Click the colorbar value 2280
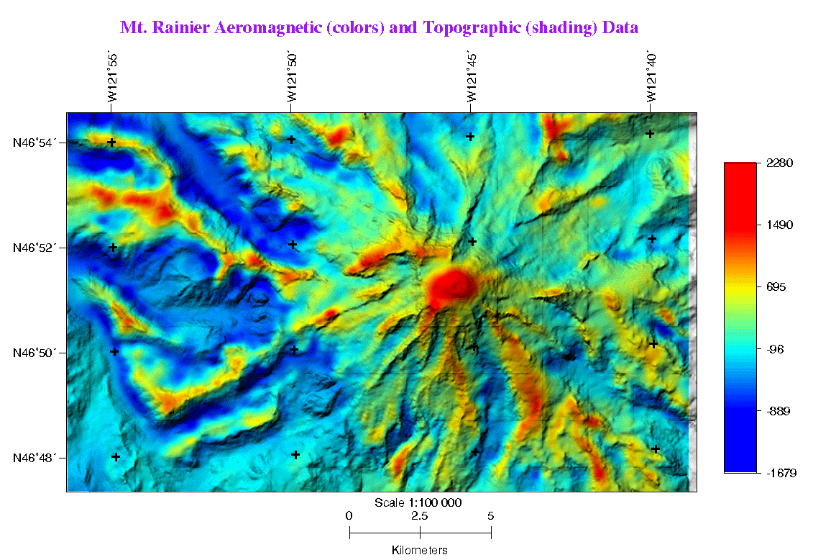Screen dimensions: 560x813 779,163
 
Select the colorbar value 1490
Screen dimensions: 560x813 779,225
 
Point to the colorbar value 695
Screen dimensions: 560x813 777,287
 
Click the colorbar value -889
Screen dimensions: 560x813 778,412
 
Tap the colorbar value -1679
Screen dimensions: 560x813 780,473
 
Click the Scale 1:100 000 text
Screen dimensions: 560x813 418,502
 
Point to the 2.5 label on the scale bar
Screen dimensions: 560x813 420,515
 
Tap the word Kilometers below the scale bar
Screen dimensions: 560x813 420,551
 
